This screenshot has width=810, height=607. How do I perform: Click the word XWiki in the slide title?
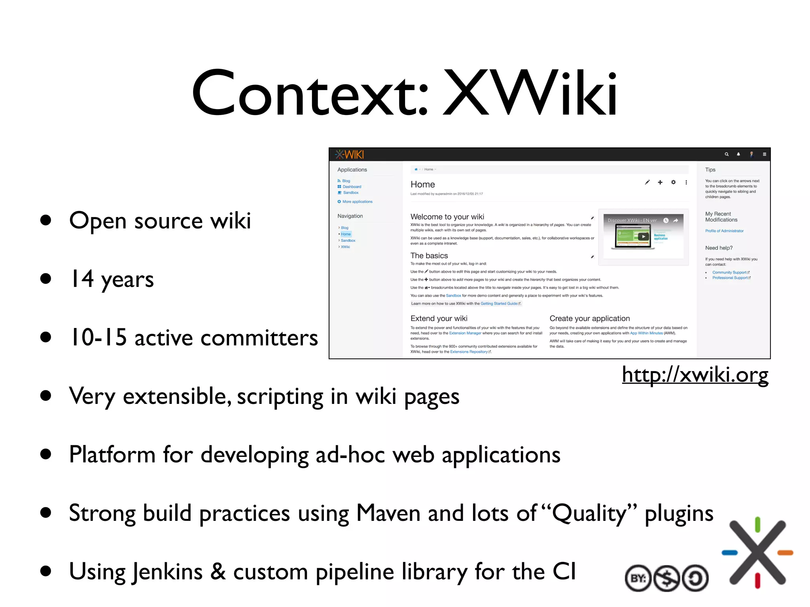[530, 94]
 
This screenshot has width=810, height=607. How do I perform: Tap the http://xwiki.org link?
[695, 374]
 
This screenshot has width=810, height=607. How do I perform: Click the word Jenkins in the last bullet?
[167, 571]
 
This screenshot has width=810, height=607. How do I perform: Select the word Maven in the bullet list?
[388, 513]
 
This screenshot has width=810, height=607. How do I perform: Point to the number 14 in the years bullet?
[82, 279]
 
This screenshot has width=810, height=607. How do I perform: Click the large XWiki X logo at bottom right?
[757, 552]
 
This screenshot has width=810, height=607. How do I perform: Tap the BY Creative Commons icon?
[638, 578]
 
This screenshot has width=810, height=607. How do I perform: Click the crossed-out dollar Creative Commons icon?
[667, 578]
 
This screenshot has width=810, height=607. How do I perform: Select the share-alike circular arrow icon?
[695, 578]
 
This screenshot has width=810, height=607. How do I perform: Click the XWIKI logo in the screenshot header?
[350, 155]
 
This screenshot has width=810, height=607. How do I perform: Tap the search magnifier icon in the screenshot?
[727, 155]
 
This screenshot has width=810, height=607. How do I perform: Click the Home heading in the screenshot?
[422, 185]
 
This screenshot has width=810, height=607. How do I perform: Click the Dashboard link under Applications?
[352, 187]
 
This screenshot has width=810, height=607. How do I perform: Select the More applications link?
[357, 202]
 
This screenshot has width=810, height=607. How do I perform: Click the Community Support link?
[729, 273]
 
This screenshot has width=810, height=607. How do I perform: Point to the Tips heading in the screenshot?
[710, 170]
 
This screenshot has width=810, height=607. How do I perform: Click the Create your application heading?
[589, 319]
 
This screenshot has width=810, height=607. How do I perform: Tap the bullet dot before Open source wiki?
[46, 220]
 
